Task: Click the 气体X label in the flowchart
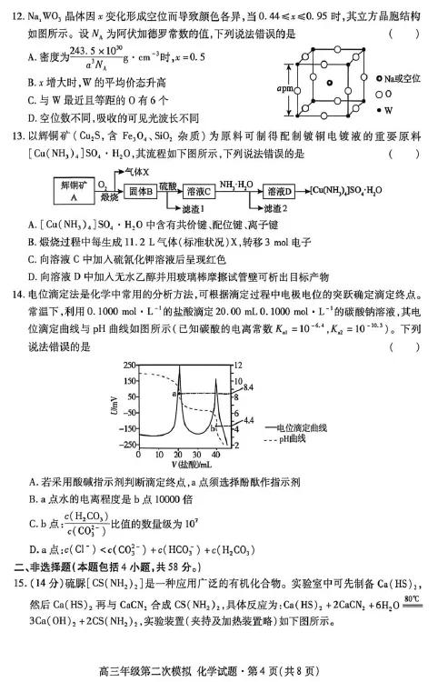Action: pyautogui.click(x=134, y=171)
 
